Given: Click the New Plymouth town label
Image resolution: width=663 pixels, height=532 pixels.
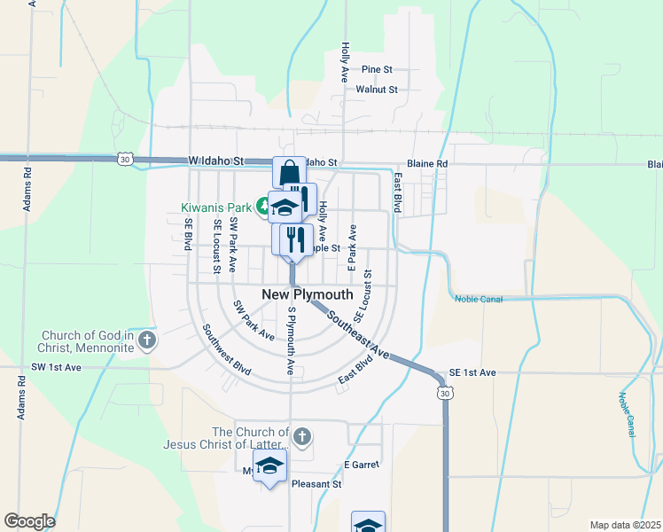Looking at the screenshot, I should (308, 294).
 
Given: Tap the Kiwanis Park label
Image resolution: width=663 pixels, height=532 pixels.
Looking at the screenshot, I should (217, 207).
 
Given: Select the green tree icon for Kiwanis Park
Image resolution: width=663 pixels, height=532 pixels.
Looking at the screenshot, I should (263, 207).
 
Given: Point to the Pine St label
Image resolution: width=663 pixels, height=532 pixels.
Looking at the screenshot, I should (377, 69).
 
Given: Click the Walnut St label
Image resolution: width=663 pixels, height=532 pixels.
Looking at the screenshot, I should (377, 90).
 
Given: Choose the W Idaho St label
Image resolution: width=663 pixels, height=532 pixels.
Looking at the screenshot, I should (215, 161).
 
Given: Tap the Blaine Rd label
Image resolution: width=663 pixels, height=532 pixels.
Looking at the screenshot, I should (427, 164).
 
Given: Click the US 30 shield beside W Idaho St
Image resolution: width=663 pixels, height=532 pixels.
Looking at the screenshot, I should (125, 158).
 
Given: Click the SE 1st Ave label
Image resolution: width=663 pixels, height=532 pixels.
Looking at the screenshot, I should (472, 373).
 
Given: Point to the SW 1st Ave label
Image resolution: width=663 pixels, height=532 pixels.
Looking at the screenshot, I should (56, 367).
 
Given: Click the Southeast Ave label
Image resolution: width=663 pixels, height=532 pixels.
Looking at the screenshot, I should (358, 334).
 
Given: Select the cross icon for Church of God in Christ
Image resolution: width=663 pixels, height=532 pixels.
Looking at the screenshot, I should (147, 340).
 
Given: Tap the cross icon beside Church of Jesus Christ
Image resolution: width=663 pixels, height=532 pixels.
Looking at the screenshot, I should (302, 436).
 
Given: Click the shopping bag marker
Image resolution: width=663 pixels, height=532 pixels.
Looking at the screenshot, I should (288, 174).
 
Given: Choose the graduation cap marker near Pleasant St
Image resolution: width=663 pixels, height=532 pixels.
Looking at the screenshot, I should (270, 466).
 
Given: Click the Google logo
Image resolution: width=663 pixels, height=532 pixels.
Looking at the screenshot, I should (29, 521).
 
